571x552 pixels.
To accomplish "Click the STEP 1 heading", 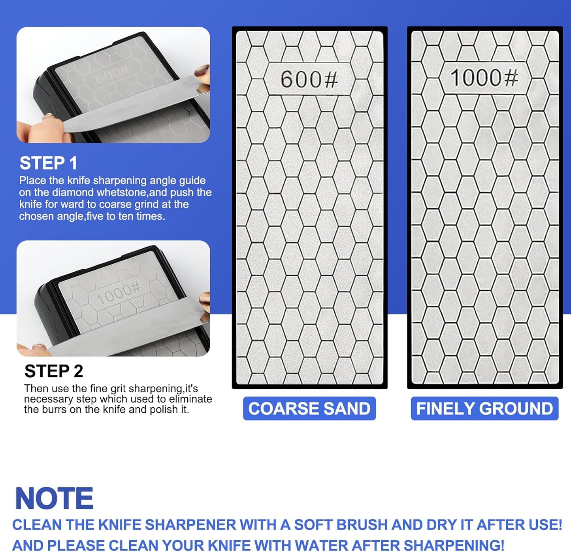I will pyautogui.click(x=48, y=163).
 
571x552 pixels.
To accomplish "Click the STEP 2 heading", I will pyautogui.click(x=54, y=371).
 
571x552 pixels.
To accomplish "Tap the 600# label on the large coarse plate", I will pyautogui.click(x=309, y=79).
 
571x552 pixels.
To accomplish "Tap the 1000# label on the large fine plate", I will pyautogui.click(x=484, y=78).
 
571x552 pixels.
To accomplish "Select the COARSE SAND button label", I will pyautogui.click(x=309, y=408).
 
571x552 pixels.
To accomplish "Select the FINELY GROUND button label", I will pyautogui.click(x=484, y=408).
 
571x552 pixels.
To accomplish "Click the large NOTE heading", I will pyautogui.click(x=54, y=499).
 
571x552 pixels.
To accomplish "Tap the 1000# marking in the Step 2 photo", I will pyautogui.click(x=118, y=293).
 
